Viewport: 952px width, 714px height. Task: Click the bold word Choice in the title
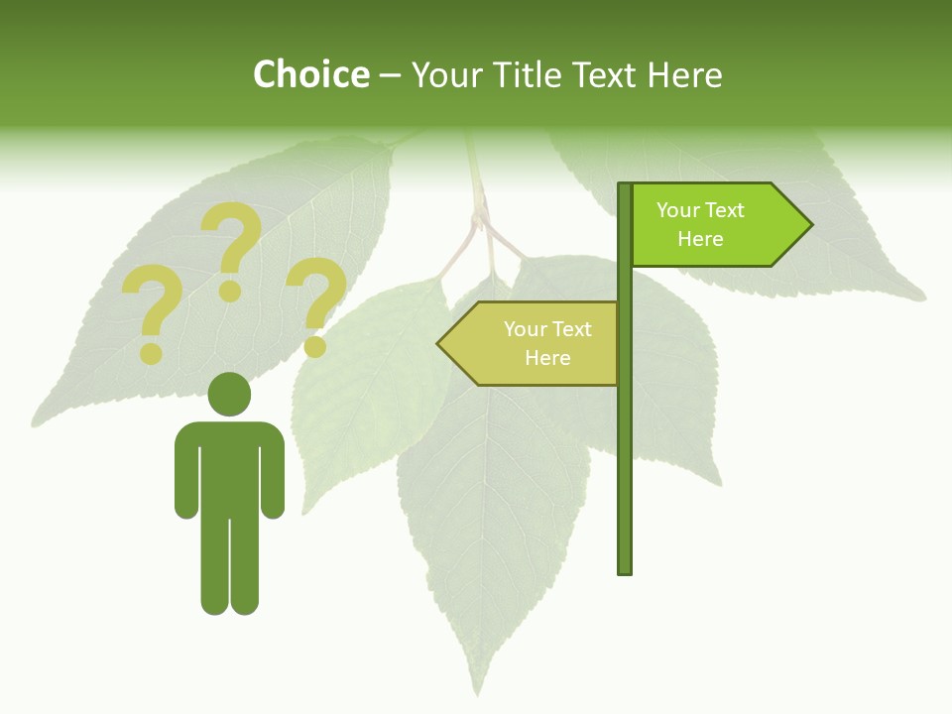pyautogui.click(x=310, y=74)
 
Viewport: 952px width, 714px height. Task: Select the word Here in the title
pyautogui.click(x=684, y=74)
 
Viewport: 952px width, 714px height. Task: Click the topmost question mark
pyautogui.click(x=232, y=248)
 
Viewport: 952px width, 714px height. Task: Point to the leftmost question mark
pyautogui.click(x=151, y=315)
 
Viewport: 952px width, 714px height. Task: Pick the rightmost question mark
pyautogui.click(x=316, y=305)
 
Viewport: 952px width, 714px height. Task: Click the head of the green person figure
pyautogui.click(x=229, y=393)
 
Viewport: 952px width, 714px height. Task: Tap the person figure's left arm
pyautogui.click(x=186, y=471)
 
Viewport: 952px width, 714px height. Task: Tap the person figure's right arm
pyautogui.click(x=273, y=471)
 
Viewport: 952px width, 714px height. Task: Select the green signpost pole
pyautogui.click(x=625, y=446)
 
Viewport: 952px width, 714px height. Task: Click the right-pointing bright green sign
pyautogui.click(x=714, y=224)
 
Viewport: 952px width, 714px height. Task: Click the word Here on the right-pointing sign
pyautogui.click(x=700, y=239)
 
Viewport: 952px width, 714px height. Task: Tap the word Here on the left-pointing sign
pyautogui.click(x=547, y=358)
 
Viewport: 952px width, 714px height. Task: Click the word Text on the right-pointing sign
pyautogui.click(x=725, y=210)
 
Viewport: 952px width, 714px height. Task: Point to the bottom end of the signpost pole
pyautogui.click(x=625, y=570)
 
